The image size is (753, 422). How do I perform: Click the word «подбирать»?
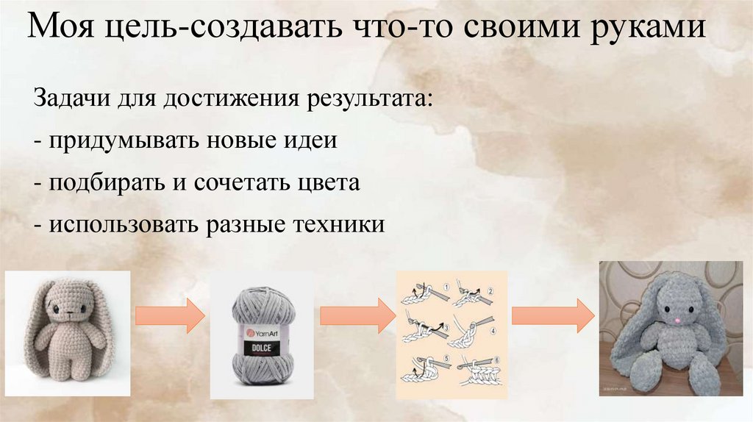click(103, 183)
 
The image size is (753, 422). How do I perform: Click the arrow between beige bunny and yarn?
click(171, 315)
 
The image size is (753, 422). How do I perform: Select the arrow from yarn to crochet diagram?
click(357, 315)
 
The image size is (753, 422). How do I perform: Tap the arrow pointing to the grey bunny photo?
click(552, 315)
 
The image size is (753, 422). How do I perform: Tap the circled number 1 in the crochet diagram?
click(446, 285)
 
